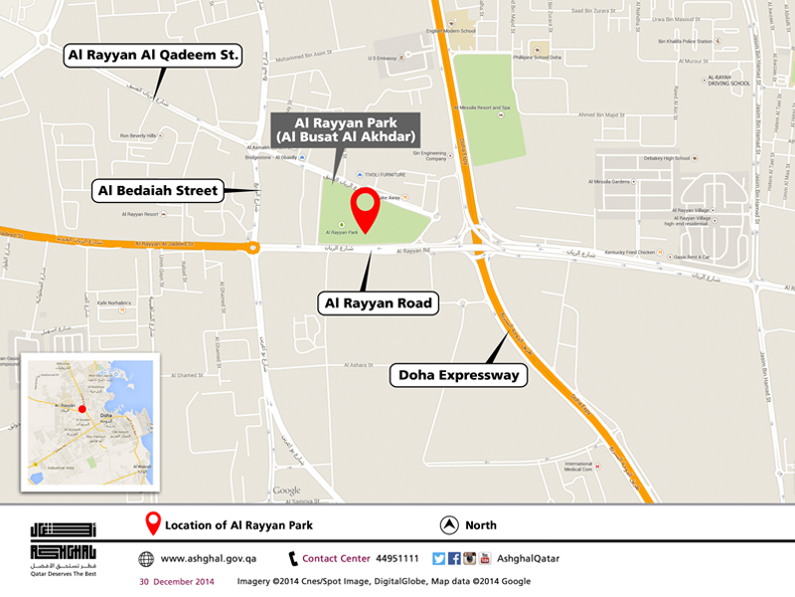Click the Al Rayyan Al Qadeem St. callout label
point(153,56)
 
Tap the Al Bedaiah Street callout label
point(158,190)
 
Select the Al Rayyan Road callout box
point(378,302)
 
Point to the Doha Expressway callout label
point(457,375)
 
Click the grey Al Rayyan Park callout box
point(343,129)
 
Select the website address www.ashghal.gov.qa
point(207,559)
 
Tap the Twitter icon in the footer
point(438,559)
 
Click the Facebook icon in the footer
point(454,559)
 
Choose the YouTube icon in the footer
point(485,559)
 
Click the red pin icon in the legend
point(153,524)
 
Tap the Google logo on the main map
point(286,491)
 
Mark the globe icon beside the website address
point(146,559)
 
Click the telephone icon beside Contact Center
point(293,559)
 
